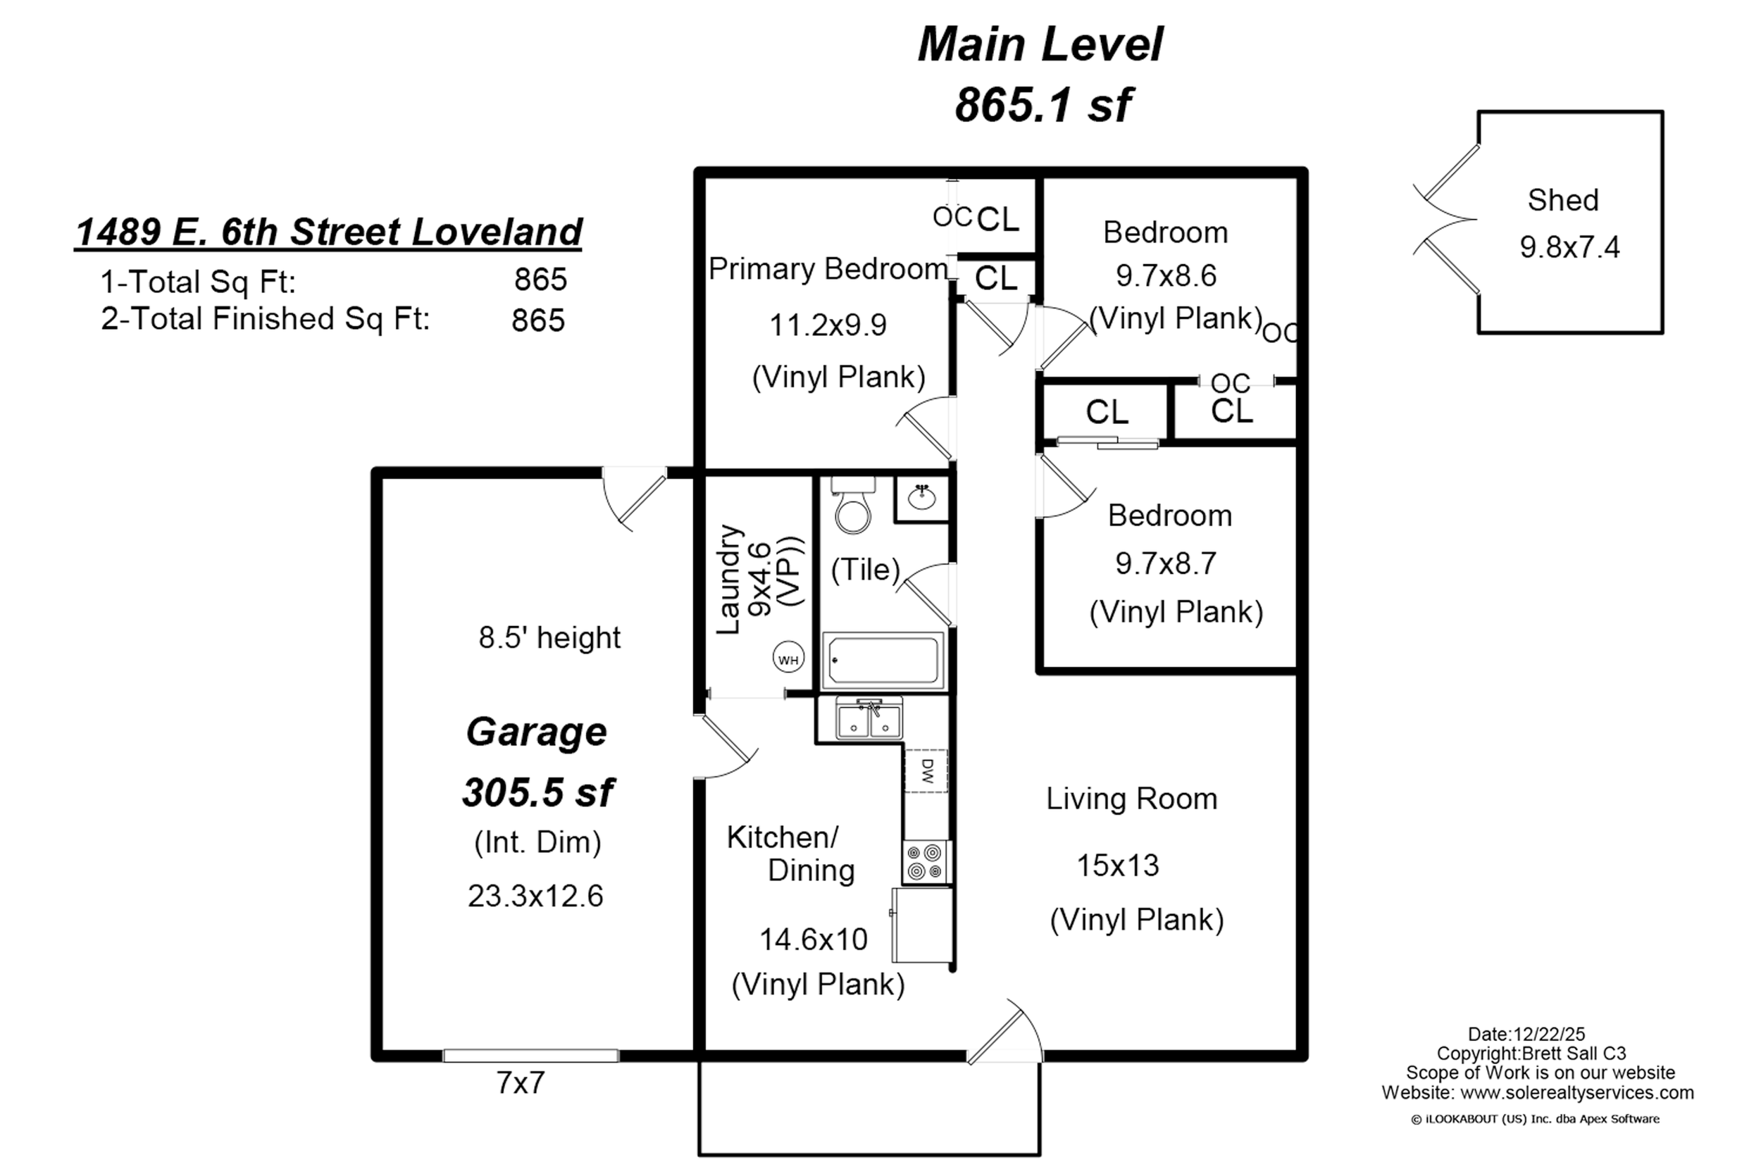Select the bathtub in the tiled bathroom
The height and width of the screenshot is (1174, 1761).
click(x=883, y=661)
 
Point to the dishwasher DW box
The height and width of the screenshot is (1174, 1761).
click(x=927, y=770)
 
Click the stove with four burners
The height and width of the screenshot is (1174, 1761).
click(x=926, y=862)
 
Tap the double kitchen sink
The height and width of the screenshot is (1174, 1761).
click(x=869, y=718)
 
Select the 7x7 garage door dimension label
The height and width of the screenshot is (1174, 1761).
click(x=521, y=1083)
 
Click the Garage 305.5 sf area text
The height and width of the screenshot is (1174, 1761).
click(x=537, y=792)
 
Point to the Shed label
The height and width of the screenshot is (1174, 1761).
click(x=1563, y=200)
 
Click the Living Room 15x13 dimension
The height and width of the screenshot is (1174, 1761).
click(x=1118, y=866)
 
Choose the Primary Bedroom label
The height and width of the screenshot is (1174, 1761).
click(x=828, y=269)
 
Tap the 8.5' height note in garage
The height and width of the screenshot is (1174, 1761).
click(x=549, y=638)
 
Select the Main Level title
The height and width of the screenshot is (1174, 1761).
click(x=1040, y=44)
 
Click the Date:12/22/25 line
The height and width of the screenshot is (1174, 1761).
click(x=1526, y=1034)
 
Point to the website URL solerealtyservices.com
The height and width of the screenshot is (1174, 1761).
click(x=1577, y=1092)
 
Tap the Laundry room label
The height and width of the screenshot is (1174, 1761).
click(x=728, y=580)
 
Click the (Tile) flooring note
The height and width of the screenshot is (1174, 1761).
click(x=866, y=570)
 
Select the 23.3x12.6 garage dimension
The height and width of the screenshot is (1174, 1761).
click(x=535, y=897)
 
